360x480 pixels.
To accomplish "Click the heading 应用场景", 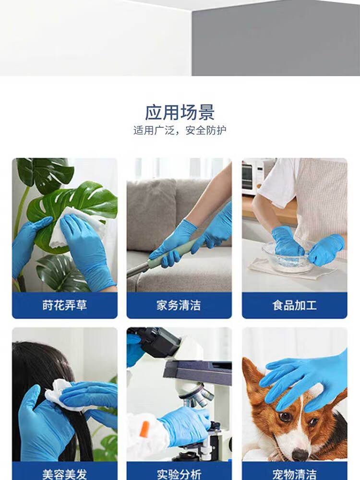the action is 180,113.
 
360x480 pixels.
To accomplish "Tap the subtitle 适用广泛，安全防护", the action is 180,131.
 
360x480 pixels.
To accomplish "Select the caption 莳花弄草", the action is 65,305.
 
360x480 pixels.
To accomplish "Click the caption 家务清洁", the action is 179,305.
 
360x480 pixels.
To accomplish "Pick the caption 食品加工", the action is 295,305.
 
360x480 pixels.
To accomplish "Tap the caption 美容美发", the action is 65,475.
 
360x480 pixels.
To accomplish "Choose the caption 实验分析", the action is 179,475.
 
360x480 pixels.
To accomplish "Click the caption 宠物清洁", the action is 295,475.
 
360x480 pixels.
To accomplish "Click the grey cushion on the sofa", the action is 151,214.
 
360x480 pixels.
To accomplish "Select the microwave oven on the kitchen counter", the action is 252,176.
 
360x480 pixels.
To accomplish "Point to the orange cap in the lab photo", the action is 144,430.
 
